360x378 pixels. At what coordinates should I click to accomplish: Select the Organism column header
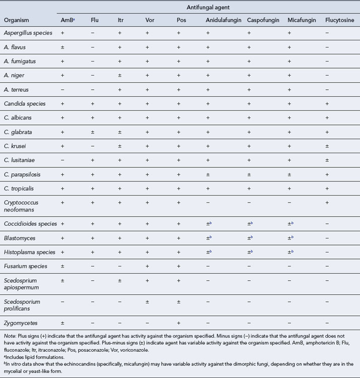tap(16, 21)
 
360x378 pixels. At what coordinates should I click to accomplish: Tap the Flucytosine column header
tap(339, 21)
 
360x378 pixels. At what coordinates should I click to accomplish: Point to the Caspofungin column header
tap(264, 21)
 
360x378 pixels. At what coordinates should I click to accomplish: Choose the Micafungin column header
tap(302, 21)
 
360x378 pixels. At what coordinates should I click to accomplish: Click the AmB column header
tap(65, 21)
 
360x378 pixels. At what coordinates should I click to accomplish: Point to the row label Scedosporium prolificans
tap(22, 305)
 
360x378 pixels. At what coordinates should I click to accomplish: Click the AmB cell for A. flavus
tap(63, 47)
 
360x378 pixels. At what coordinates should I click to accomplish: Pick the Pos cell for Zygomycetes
tap(179, 322)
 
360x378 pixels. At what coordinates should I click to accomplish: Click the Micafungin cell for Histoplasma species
tap(290, 251)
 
